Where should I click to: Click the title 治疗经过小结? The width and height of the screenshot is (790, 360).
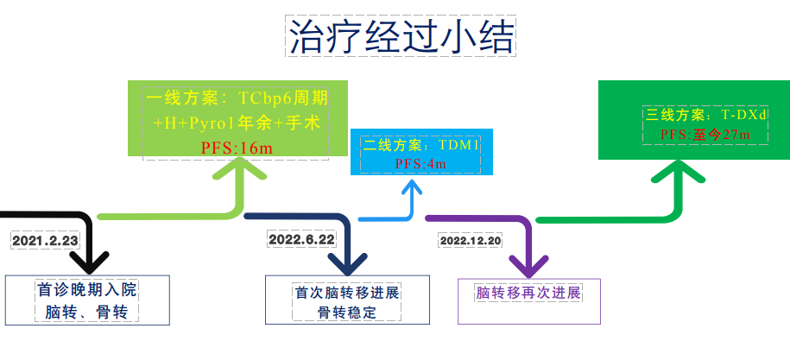[x=401, y=37]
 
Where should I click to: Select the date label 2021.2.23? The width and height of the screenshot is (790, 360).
[x=46, y=241]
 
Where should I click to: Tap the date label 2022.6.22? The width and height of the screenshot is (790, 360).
[x=302, y=239]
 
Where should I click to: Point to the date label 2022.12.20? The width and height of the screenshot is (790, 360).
[x=471, y=241]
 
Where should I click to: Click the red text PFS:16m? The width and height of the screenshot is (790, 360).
[x=237, y=148]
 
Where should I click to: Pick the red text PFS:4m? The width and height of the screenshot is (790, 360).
[x=420, y=164]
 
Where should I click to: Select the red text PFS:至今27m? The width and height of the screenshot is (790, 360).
[x=705, y=135]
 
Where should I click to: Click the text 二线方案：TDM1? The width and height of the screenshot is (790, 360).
[x=420, y=146]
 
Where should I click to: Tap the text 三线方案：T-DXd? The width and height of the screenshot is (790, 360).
[x=706, y=115]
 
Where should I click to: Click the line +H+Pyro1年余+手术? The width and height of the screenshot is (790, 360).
[x=237, y=123]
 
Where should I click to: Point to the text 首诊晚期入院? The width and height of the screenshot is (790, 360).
[x=86, y=291]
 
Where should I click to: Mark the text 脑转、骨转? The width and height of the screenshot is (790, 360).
[x=86, y=313]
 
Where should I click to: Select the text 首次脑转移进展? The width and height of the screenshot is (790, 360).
[x=347, y=293]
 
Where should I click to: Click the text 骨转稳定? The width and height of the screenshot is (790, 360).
[x=347, y=313]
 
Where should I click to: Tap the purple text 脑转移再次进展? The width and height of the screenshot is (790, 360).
[x=528, y=293]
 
